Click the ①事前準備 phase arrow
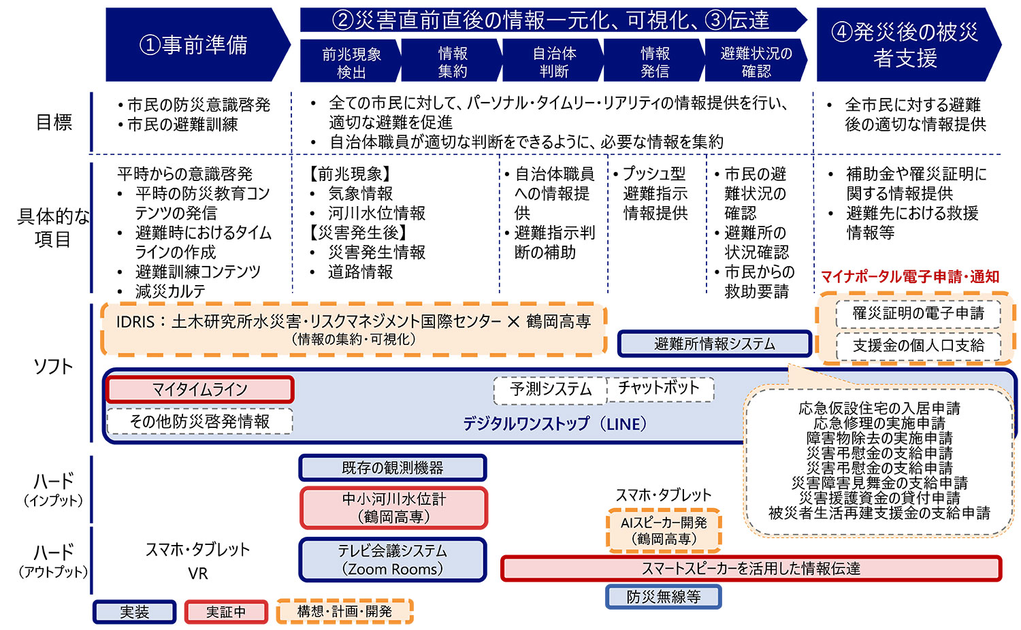(194, 45)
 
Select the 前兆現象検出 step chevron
(351, 62)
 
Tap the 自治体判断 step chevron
(553, 62)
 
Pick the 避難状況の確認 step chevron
(756, 62)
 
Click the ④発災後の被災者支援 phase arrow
(905, 45)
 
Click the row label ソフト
(53, 367)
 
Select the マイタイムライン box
(199, 389)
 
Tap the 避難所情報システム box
(715, 344)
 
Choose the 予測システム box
(551, 389)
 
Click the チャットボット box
(659, 388)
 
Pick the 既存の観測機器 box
(393, 468)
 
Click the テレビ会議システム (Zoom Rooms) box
(393, 560)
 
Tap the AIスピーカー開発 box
(664, 531)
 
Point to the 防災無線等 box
(664, 597)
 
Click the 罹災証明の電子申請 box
(918, 314)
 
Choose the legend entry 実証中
(226, 612)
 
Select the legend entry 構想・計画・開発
(344, 612)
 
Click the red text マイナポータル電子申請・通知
(910, 277)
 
